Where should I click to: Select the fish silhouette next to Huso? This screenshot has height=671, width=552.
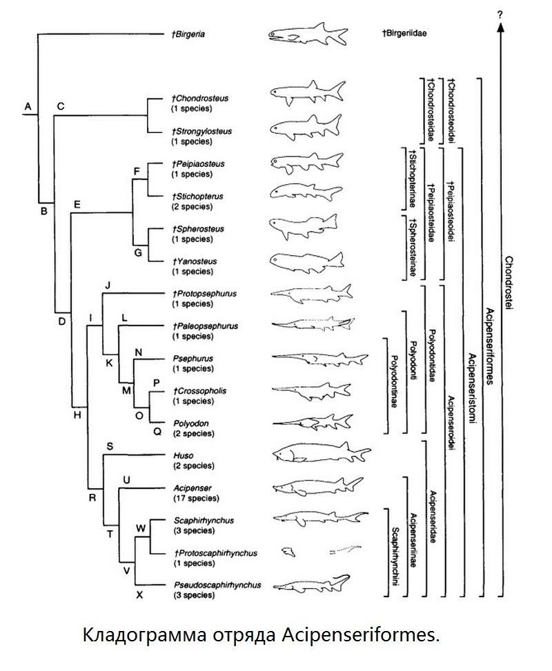(322, 453)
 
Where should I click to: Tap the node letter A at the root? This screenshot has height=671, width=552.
(28, 106)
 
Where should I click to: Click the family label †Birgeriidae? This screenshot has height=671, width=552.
(404, 33)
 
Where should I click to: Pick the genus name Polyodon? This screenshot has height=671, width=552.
(191, 423)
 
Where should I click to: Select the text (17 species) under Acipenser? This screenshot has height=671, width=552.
(196, 498)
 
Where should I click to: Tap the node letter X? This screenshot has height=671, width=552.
(139, 595)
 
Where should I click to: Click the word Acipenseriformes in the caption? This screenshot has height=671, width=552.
(361, 635)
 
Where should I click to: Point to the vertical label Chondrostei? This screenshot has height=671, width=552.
(509, 283)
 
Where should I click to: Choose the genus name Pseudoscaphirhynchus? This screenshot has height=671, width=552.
(217, 585)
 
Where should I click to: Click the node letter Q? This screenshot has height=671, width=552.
(157, 432)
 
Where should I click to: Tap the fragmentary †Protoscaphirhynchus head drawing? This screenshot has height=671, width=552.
(288, 552)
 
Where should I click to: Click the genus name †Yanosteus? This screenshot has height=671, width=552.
(195, 261)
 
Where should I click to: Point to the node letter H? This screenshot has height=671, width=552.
(77, 414)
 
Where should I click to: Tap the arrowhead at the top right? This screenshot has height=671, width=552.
(500, 27)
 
